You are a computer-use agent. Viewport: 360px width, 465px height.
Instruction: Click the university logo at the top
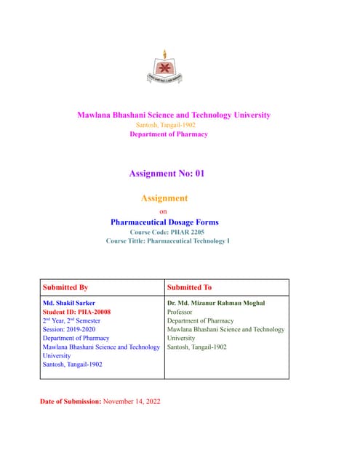click(164, 68)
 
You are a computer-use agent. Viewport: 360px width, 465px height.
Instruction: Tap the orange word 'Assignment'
click(164, 198)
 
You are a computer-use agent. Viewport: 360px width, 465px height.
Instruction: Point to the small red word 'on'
click(163, 211)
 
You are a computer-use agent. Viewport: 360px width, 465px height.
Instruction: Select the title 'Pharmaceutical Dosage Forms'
click(164, 222)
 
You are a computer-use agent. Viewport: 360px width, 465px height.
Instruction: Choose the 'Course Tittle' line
click(167, 240)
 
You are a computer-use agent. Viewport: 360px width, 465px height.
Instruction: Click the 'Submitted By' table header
click(65, 288)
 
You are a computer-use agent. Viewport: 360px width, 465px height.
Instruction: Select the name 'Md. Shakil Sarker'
click(69, 303)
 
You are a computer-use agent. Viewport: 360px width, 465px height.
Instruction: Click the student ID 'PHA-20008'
click(96, 312)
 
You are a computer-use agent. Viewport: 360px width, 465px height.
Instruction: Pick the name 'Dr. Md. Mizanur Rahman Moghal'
click(217, 303)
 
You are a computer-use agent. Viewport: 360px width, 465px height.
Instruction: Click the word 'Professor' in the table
click(180, 312)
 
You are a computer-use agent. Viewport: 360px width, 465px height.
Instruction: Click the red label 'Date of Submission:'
click(71, 401)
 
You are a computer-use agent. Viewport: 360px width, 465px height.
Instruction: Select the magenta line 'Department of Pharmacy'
click(168, 134)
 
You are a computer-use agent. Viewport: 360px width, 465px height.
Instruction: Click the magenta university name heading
click(174, 115)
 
